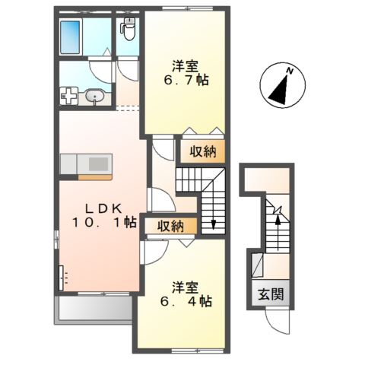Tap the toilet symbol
[x=128, y=30]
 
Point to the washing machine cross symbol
[x=69, y=96]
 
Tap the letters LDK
[x=99, y=208]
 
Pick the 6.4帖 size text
[x=186, y=301]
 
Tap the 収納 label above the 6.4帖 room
[x=170, y=225]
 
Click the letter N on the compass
[x=290, y=71]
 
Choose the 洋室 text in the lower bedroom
[x=186, y=287]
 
